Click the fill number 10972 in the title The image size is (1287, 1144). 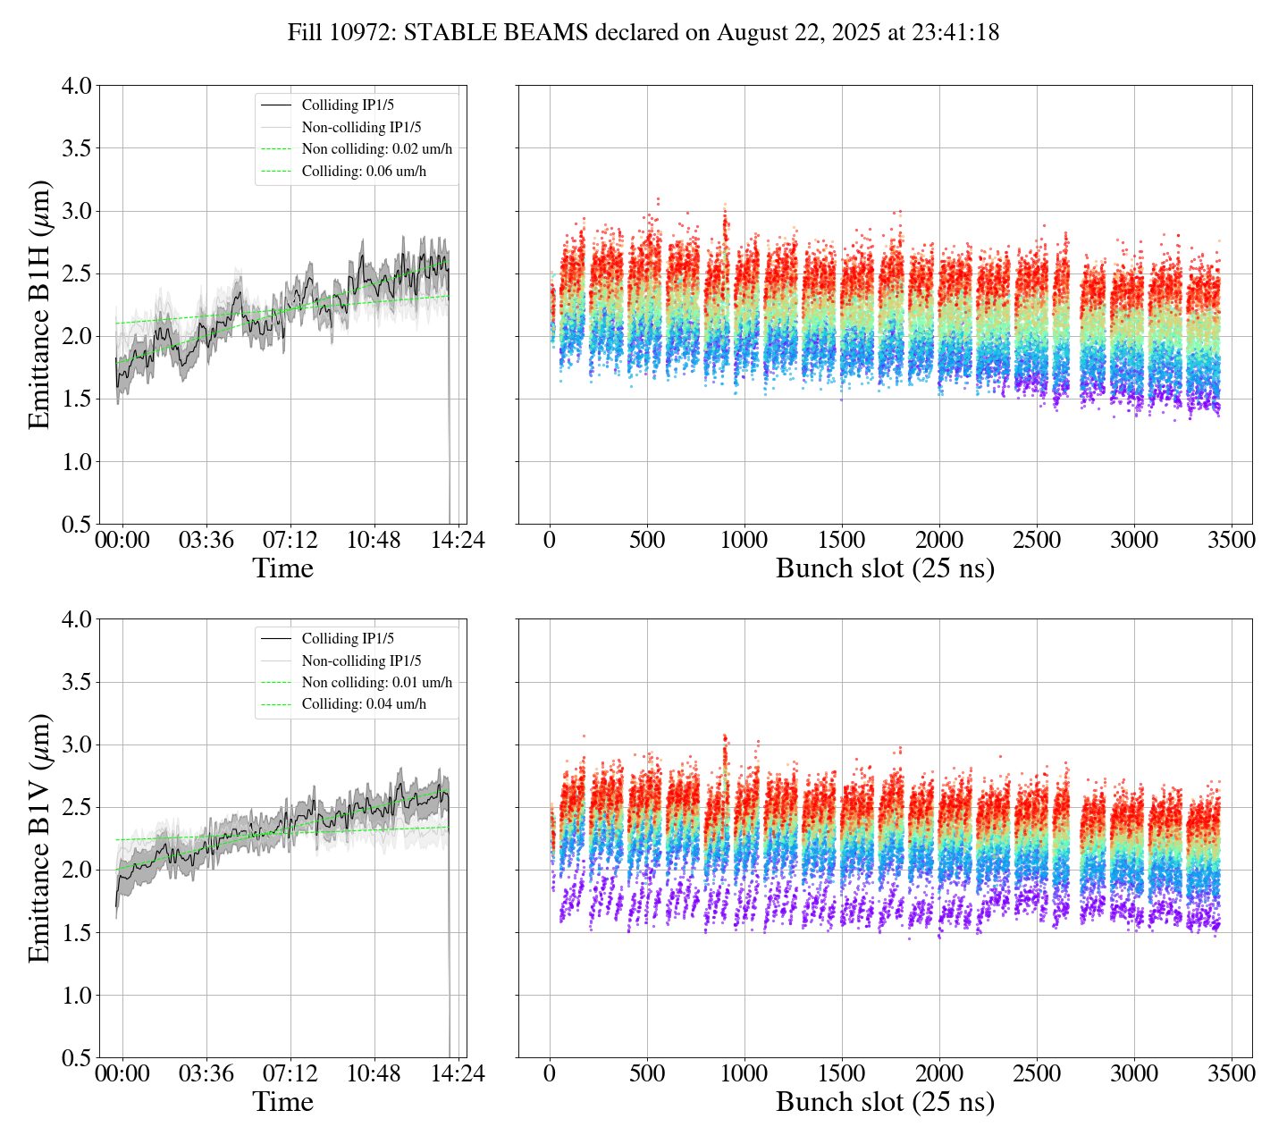(x=367, y=33)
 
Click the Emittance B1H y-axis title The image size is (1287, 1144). (x=39, y=305)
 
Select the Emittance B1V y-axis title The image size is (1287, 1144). (x=39, y=838)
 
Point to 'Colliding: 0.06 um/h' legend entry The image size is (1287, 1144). (x=364, y=172)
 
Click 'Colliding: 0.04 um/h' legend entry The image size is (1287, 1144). (x=364, y=704)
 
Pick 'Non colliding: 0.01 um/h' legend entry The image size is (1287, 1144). (x=376, y=683)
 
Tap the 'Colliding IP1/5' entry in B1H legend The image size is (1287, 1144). (x=348, y=105)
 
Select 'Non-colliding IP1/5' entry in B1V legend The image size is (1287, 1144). (x=361, y=661)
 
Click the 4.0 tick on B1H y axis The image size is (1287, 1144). (x=76, y=86)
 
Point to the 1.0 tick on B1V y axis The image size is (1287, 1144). (x=76, y=996)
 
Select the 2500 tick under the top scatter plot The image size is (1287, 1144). (x=1037, y=541)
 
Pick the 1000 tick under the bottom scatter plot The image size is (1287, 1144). (x=744, y=1073)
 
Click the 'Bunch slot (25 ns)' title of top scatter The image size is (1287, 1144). (x=885, y=568)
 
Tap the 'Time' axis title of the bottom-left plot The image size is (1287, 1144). (x=282, y=1102)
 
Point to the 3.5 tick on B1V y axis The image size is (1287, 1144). (x=76, y=683)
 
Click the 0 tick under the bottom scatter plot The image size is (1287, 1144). (x=550, y=1073)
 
